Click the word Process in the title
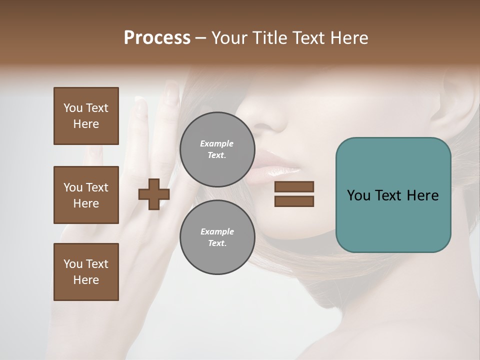pos(157,38)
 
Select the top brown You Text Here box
pos(86,116)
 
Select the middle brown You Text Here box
pos(86,195)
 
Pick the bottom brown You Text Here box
pos(86,272)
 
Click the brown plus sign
pos(154,194)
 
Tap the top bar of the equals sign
pos(294,186)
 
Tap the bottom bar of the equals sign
pos(294,201)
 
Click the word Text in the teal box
pos(392,195)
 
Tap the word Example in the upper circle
pos(216,143)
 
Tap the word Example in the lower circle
pos(217,231)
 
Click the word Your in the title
pos(229,38)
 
